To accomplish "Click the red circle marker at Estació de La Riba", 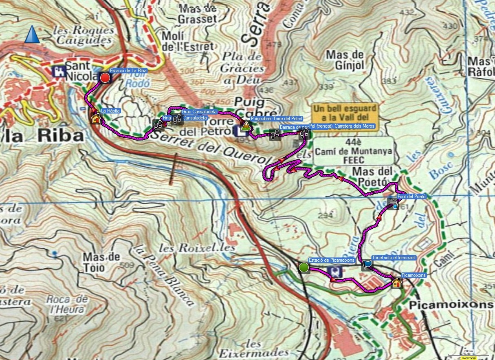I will [105, 78].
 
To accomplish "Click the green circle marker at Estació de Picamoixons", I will [304, 267].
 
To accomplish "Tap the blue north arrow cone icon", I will [32, 34].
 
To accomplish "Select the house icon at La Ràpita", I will [96, 119].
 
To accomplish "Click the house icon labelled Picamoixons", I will [396, 283].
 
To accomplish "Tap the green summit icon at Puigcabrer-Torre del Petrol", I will [245, 127].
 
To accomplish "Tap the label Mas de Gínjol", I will [345, 60].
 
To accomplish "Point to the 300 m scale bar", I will [469, 354].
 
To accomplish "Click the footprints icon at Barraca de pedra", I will [275, 135].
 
